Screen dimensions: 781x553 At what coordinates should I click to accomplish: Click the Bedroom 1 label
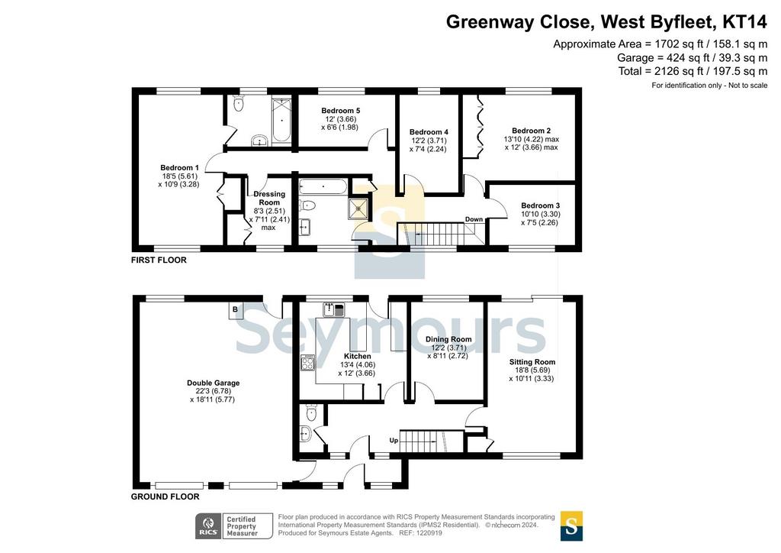coord(179,167)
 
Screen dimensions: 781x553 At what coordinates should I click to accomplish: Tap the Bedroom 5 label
coord(341,111)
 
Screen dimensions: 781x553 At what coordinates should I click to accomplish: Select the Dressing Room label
coord(269,198)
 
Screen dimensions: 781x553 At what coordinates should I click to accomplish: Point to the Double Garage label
coord(214,383)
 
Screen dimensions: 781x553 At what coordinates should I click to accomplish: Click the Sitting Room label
coord(532,362)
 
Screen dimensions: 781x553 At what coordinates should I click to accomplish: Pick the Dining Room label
coord(448,339)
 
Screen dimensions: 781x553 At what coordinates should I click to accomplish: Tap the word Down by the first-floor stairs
coord(474,219)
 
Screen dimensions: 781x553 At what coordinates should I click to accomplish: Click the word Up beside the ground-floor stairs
coord(394,441)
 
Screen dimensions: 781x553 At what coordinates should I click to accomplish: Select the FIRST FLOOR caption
coord(159,260)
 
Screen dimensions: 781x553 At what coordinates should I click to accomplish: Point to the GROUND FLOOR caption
coord(165,496)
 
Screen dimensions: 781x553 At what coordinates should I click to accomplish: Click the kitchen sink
coord(334,309)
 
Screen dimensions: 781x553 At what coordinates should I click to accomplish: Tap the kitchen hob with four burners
coord(308,363)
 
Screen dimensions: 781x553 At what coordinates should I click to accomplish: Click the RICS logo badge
coord(208,526)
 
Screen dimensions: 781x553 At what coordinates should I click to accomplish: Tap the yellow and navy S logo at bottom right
coord(571,526)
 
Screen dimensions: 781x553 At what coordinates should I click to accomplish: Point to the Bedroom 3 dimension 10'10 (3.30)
coord(541,214)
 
